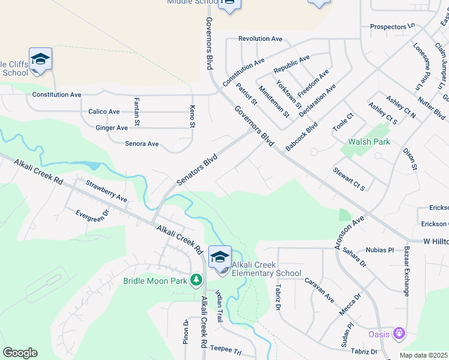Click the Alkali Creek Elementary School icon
pos(220,257)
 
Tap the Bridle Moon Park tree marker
pos(196,280)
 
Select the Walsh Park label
pos(369,142)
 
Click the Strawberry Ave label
pos(106,190)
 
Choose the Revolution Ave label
pos(260,38)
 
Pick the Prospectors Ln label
pos(393,26)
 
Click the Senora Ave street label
pos(142,144)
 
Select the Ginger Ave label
pos(112,128)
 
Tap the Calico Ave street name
pos(104,112)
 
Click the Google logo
pos(20,353)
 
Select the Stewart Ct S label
pos(349,179)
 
